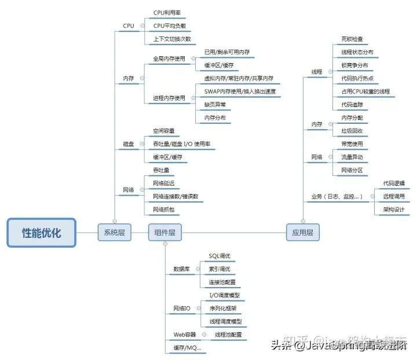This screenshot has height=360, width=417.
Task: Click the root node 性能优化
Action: (x=41, y=233)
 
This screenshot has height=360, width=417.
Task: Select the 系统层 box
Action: (x=114, y=233)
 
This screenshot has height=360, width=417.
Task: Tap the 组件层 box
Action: (x=165, y=233)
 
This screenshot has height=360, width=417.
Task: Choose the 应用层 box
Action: (x=302, y=233)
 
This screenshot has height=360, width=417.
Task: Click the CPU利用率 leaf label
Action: (x=167, y=12)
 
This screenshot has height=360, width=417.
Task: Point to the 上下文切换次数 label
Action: (x=171, y=39)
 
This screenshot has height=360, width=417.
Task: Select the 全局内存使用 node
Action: (x=169, y=58)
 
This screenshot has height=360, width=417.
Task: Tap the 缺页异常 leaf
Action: (x=215, y=105)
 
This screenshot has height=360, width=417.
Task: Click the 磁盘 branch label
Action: (x=128, y=144)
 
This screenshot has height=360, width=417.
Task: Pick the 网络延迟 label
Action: (x=163, y=183)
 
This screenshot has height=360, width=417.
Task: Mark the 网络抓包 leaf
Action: (x=163, y=209)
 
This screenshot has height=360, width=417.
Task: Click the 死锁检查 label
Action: (x=352, y=39)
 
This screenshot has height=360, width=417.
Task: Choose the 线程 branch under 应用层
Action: (x=316, y=72)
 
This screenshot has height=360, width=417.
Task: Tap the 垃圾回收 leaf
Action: (x=352, y=131)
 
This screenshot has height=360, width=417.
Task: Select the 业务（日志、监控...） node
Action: (x=337, y=197)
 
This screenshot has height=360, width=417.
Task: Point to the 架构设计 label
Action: (x=394, y=210)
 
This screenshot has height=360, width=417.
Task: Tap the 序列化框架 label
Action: (x=223, y=308)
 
